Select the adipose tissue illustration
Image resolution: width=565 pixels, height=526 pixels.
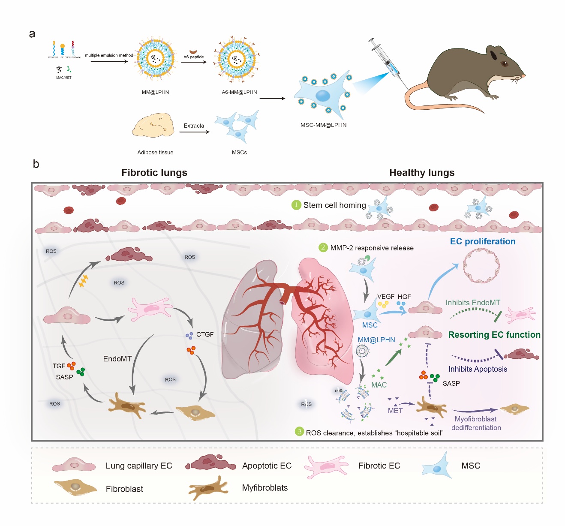(153, 125)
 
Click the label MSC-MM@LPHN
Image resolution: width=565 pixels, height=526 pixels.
(323, 125)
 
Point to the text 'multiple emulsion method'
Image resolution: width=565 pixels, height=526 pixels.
(109, 55)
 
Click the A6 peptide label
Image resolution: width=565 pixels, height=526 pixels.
(194, 57)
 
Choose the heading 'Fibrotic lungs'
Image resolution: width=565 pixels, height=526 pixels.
(154, 173)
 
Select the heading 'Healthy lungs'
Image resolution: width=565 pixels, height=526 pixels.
(422, 173)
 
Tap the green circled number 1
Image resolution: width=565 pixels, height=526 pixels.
(296, 205)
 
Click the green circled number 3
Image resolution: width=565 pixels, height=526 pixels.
(300, 432)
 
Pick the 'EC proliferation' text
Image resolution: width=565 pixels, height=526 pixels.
(483, 241)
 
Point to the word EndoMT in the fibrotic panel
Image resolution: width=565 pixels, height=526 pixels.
(117, 359)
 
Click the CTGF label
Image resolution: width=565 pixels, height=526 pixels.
(205, 334)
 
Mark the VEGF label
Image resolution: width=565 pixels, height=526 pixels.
(386, 297)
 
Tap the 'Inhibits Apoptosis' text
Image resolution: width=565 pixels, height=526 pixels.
(478, 369)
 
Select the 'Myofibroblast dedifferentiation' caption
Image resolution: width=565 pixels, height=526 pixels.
(476, 424)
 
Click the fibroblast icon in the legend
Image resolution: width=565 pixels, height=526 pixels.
(75, 487)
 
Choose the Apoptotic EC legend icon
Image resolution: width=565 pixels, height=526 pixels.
(210, 463)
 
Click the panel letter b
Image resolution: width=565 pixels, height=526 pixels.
(36, 164)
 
